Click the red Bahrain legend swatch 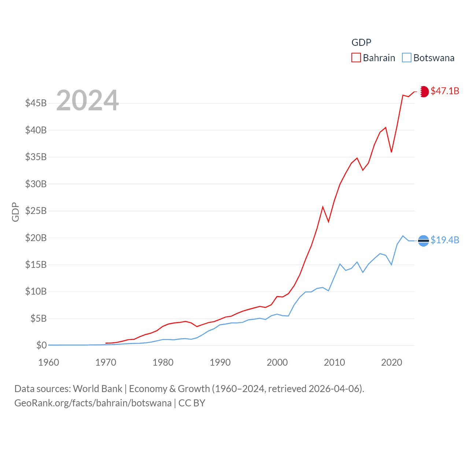point(356,58)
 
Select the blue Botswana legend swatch point(407,58)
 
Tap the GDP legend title point(361,43)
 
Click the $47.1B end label point(445,91)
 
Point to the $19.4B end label point(445,240)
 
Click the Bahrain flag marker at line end point(424,91)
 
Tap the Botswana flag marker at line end point(424,241)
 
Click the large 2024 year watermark point(88,100)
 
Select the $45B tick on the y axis point(36,103)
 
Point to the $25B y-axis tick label point(36,211)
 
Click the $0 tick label point(41,345)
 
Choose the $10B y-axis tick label point(36,292)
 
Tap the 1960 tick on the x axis point(49,362)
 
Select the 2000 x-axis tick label point(277,362)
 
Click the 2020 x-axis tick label point(392,362)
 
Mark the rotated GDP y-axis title point(15,212)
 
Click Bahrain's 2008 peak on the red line point(323,207)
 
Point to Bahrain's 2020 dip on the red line point(391,152)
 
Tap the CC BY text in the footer point(192,403)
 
